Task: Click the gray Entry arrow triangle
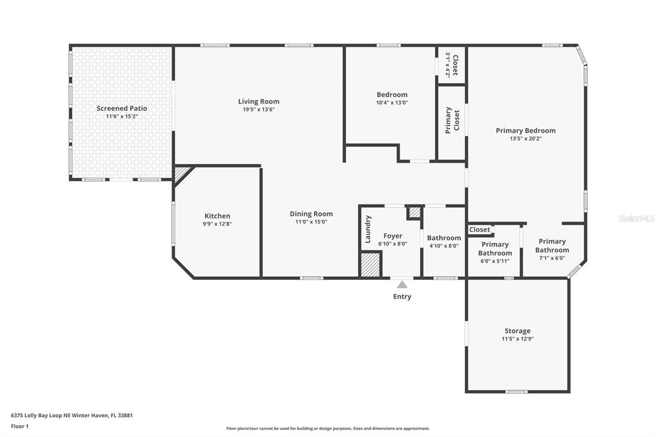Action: [402, 284]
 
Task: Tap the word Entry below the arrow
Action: [402, 297]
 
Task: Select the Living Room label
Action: [259, 101]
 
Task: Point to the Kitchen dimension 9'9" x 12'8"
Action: [217, 224]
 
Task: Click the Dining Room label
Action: [311, 214]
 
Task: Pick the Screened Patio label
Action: [122, 108]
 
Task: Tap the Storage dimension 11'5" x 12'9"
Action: [518, 339]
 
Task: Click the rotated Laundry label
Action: [368, 229]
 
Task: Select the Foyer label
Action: [393, 236]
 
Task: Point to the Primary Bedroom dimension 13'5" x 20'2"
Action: [526, 138]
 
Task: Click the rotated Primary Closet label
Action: [452, 120]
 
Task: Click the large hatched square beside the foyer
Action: [370, 264]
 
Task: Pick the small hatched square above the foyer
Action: [414, 212]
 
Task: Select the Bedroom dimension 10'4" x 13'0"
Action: [392, 103]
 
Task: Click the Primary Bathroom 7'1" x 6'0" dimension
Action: [552, 258]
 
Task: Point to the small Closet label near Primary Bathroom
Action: [479, 229]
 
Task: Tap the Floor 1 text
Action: [20, 427]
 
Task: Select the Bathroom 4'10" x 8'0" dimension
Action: [444, 245]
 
